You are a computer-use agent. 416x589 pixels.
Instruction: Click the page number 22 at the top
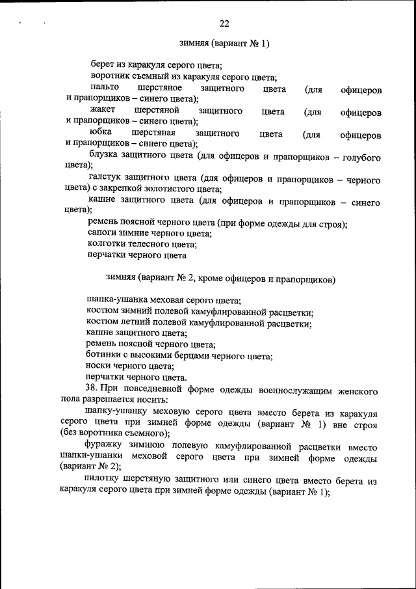coord(224,24)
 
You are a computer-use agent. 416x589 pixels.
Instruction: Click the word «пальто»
coord(104,87)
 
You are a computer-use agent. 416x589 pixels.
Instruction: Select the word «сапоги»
coord(102,233)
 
